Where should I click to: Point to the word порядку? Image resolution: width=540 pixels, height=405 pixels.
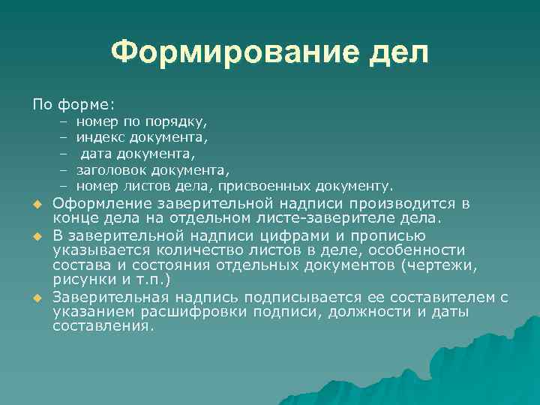pyautogui.click(x=178, y=121)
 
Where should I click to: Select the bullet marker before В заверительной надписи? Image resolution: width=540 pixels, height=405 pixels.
pyautogui.click(x=34, y=237)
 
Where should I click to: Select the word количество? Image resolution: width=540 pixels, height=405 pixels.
pyautogui.click(x=162, y=250)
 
